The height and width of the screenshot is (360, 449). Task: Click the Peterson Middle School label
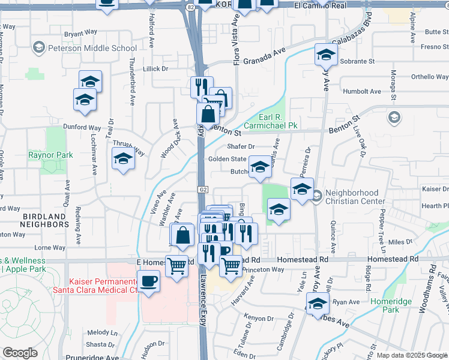click(x=93, y=47)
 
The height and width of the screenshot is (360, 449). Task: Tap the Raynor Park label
click(x=50, y=155)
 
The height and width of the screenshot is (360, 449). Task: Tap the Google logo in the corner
click(x=20, y=353)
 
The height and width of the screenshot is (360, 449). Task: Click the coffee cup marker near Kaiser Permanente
click(x=148, y=280)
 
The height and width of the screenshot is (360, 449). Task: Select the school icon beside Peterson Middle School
click(x=40, y=47)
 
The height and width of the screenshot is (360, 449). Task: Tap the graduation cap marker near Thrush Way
click(x=123, y=159)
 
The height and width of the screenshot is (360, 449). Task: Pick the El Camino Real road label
click(x=321, y=5)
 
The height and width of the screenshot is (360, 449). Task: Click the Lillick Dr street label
click(x=155, y=69)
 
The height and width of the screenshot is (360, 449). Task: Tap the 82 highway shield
click(x=190, y=7)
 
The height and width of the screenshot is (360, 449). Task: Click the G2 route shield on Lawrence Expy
click(x=203, y=189)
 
